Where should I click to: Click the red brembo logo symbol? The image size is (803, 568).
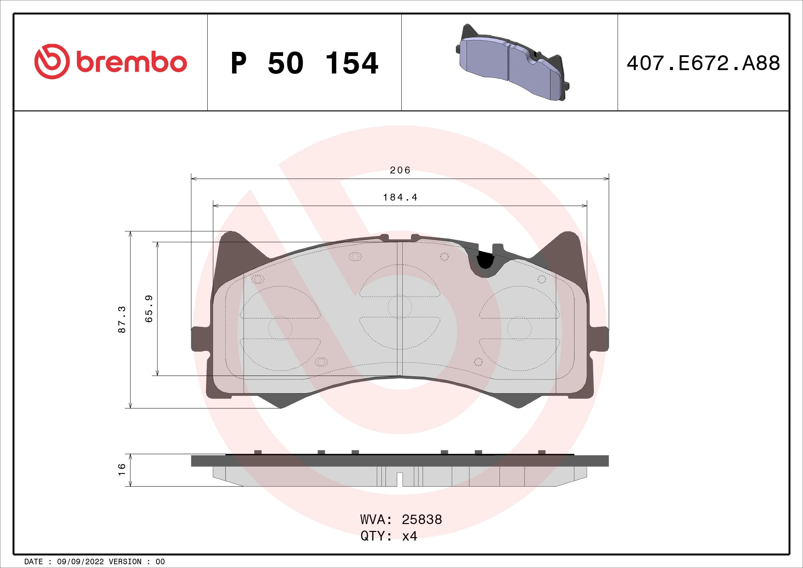pyautogui.click(x=51, y=61)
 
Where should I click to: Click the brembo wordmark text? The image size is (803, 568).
pyautogui.click(x=131, y=63)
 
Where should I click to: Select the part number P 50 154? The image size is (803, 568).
pyautogui.click(x=304, y=63)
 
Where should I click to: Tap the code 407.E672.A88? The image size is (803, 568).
pyautogui.click(x=703, y=63)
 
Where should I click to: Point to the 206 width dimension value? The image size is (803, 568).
pyautogui.click(x=400, y=170)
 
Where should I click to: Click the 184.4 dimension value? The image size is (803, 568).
pyautogui.click(x=400, y=197)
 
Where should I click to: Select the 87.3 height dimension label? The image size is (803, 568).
pyautogui.click(x=122, y=319)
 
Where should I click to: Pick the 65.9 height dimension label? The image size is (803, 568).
pyautogui.click(x=149, y=309)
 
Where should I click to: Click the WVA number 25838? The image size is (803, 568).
pyautogui.click(x=422, y=520)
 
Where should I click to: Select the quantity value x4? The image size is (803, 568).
pyautogui.click(x=410, y=536)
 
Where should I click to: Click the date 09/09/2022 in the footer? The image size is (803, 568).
pyautogui.click(x=80, y=562)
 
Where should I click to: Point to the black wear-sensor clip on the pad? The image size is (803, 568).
pyautogui.click(x=485, y=260)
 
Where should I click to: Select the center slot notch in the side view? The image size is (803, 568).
pyautogui.click(x=400, y=479)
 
